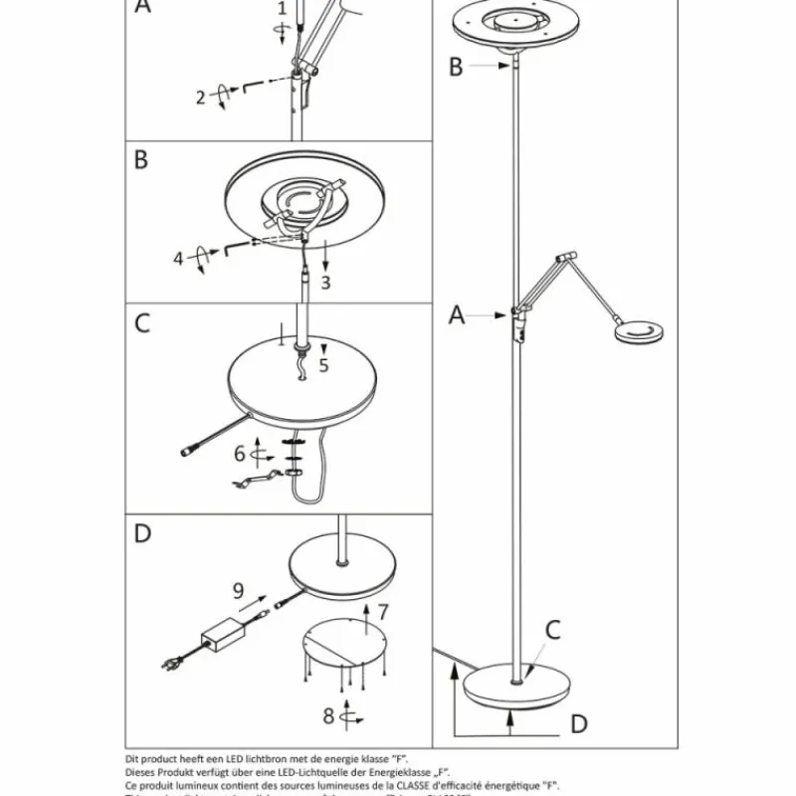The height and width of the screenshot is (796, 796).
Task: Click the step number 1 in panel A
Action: coord(282,9)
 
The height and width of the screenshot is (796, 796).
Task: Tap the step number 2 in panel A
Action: coord(200,97)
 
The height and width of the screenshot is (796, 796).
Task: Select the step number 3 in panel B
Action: coord(324,283)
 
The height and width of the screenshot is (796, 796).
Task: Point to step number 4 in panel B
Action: coord(179,259)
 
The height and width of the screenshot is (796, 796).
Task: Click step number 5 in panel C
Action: coord(322,364)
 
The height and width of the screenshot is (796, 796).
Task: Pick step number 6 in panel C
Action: coord(239,453)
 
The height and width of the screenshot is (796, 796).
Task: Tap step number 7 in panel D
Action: coord(383,610)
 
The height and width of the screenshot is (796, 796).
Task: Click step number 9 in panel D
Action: coord(238,590)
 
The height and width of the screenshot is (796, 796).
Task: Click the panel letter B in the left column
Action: coord(141,160)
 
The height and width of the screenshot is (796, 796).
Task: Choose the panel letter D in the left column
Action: coord(142,534)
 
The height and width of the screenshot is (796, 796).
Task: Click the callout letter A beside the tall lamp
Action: coord(457,315)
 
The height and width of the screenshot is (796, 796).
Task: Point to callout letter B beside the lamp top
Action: coord(456,67)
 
